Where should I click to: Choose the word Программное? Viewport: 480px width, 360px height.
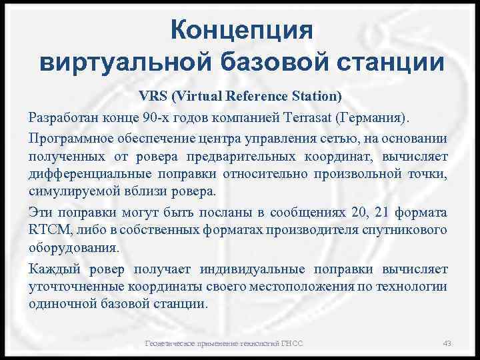click(70, 138)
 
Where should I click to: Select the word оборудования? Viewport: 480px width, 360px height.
click(73, 248)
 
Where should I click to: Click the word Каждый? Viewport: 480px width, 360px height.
click(54, 269)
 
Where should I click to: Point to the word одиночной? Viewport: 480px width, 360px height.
click(57, 303)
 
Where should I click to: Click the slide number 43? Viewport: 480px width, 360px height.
click(447, 343)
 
